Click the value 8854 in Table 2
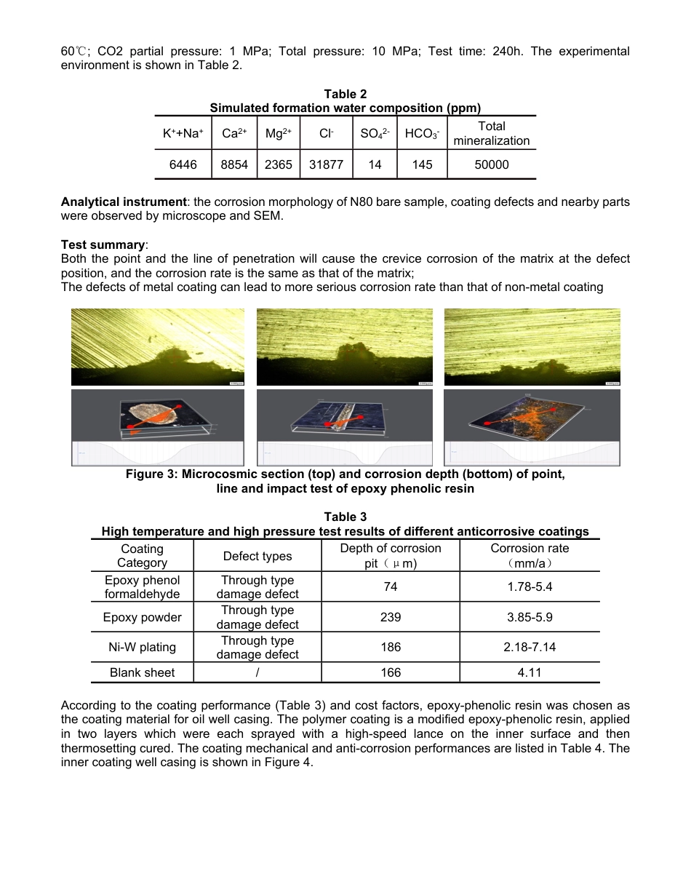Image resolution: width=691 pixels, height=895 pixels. click(x=234, y=165)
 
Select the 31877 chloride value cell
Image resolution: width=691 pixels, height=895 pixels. click(x=326, y=165)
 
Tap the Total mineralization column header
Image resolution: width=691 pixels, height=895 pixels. click(x=491, y=133)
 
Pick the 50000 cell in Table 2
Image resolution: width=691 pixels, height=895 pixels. click(x=491, y=165)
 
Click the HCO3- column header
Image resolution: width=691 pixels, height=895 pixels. click(x=422, y=134)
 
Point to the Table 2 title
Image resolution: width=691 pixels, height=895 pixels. click(x=345, y=94)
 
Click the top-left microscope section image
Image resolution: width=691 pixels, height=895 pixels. click(x=159, y=347)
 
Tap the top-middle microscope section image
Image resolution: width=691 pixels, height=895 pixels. click(x=345, y=347)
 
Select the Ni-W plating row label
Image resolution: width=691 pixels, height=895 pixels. click(x=142, y=647)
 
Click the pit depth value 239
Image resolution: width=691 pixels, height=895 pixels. click(x=391, y=617)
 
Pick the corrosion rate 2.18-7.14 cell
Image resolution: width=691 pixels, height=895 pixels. click(x=530, y=647)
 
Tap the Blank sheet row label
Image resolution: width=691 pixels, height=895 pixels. click(x=142, y=673)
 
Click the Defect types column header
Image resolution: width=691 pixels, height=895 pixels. click(x=257, y=557)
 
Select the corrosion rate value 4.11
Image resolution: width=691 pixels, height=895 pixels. click(x=530, y=673)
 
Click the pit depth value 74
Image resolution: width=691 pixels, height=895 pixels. click(x=391, y=586)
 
